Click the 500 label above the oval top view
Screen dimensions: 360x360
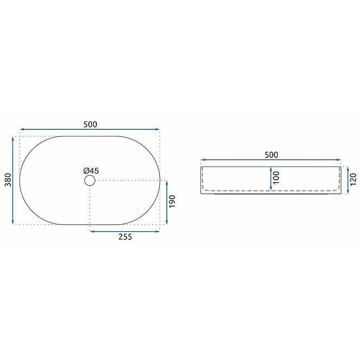click(90, 125)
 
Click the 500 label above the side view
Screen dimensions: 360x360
click(271, 155)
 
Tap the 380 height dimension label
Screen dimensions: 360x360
click(8, 180)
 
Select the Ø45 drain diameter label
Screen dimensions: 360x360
click(91, 171)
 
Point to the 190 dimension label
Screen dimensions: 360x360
click(172, 201)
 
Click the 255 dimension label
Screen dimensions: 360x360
click(125, 237)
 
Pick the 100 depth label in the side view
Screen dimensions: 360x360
click(276, 178)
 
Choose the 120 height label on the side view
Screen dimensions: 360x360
click(354, 180)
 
